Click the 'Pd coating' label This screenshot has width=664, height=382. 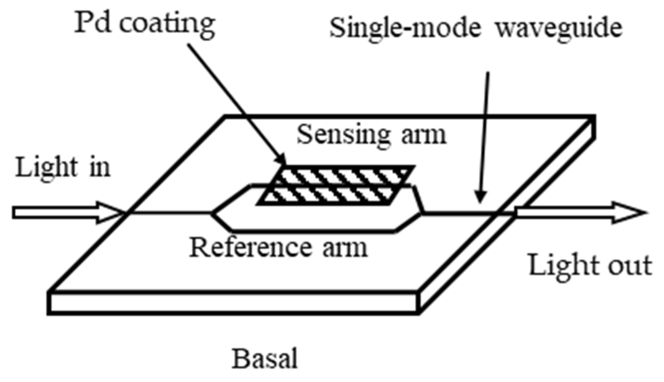click(144, 23)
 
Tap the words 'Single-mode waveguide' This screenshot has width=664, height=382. click(476, 28)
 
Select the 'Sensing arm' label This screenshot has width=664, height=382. click(371, 134)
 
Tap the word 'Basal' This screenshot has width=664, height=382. click(265, 359)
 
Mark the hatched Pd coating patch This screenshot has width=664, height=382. click(336, 185)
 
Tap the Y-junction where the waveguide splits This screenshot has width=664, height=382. click(212, 213)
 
